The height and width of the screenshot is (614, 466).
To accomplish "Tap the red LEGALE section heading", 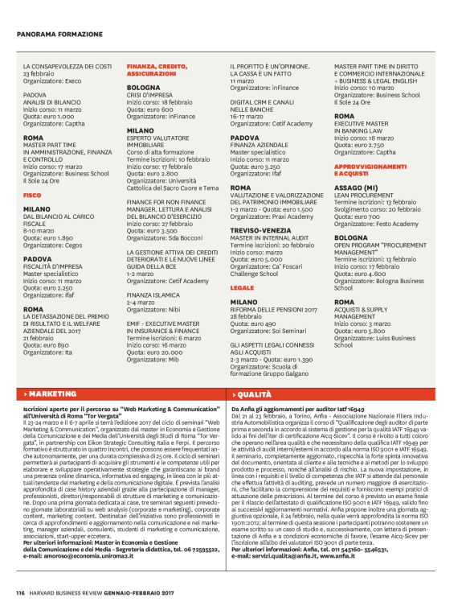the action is [243, 286].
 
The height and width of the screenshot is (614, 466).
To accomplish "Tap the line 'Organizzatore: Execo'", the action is [51, 81].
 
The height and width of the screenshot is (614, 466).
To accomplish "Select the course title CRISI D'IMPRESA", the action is [149, 96].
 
